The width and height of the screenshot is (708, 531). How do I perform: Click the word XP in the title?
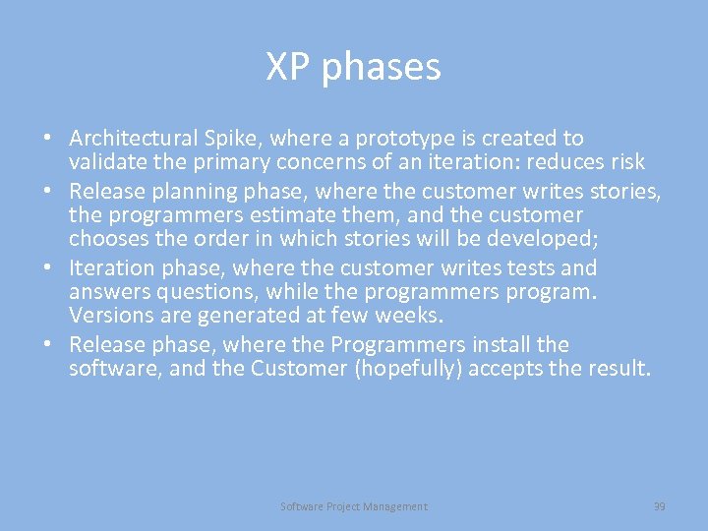[287, 67]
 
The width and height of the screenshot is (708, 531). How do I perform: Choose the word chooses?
[107, 239]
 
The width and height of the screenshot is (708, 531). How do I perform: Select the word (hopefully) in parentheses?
[413, 369]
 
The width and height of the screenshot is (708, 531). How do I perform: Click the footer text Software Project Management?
[354, 506]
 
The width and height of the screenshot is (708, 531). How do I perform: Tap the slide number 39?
[659, 506]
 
